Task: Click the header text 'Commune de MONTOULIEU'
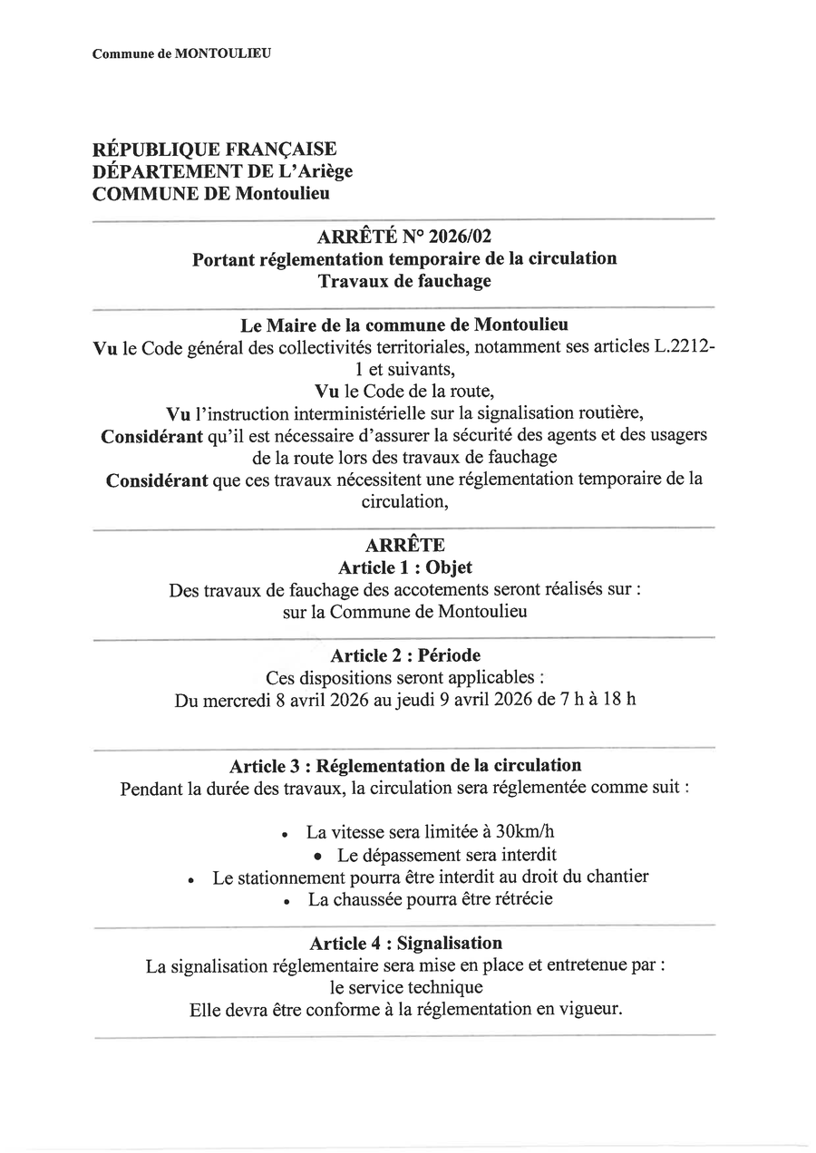(x=181, y=53)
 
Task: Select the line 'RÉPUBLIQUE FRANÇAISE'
(x=214, y=150)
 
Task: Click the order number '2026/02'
(x=460, y=237)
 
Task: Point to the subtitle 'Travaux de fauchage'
(x=404, y=281)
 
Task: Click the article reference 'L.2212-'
(x=684, y=347)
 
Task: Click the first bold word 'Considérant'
(x=151, y=435)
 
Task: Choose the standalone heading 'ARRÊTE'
(x=404, y=546)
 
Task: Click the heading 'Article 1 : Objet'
(x=404, y=567)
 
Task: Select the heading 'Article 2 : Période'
(x=404, y=655)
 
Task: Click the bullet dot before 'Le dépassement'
(x=317, y=856)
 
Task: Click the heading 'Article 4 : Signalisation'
(x=405, y=944)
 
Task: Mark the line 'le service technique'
(x=405, y=987)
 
